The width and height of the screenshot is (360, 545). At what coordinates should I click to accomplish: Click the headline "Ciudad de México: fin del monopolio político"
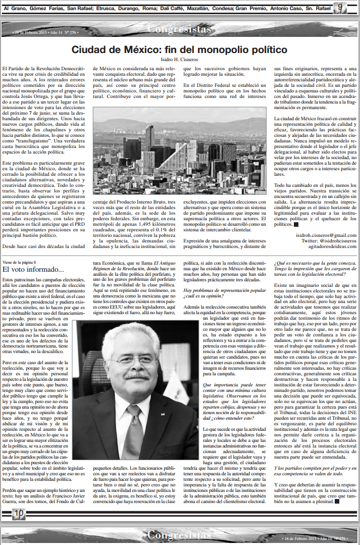click(179, 49)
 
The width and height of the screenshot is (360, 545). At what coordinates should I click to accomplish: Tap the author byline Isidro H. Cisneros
click(179, 60)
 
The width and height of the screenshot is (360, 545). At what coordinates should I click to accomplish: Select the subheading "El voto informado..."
click(33, 269)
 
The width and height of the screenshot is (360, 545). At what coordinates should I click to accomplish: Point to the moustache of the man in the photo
click(136, 376)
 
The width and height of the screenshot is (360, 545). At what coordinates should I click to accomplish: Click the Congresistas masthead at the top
click(179, 29)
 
